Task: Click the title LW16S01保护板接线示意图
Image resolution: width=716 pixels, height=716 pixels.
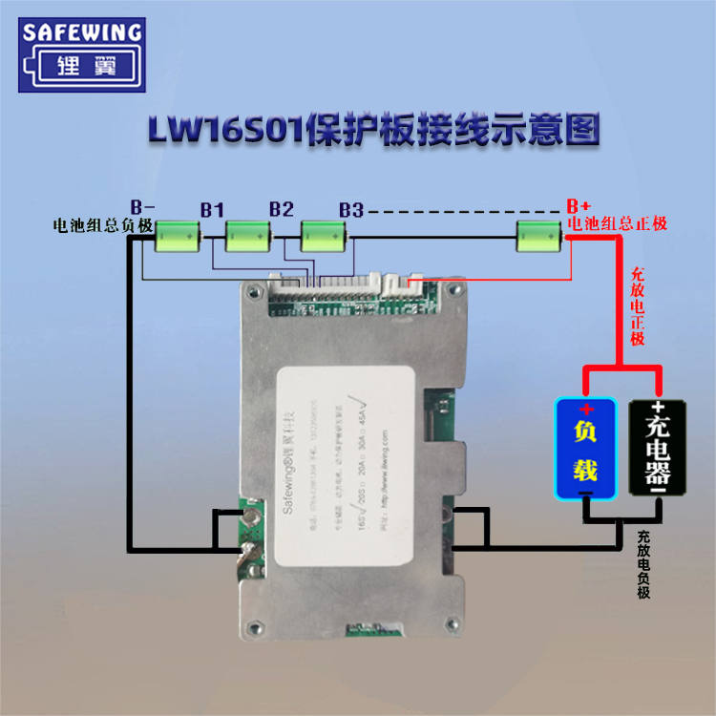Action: (373, 131)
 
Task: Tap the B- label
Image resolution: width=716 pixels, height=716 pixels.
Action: (142, 206)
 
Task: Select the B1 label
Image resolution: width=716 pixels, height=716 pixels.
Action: (212, 209)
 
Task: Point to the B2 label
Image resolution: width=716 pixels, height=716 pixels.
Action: (281, 209)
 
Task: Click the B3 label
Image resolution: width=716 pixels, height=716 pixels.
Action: (350, 209)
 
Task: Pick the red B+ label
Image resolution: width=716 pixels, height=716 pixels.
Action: (578, 206)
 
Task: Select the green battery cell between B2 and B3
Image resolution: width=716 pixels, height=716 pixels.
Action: (322, 235)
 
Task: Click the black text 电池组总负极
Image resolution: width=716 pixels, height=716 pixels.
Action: (103, 225)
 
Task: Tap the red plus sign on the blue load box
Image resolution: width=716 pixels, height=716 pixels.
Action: (586, 410)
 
